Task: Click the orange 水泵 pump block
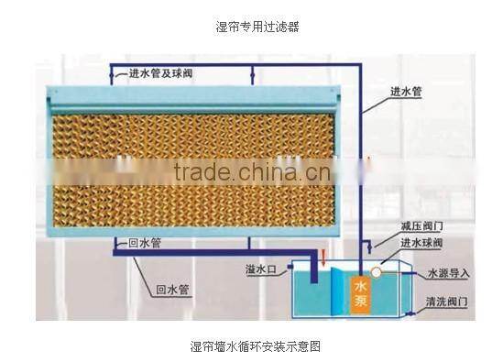point(359,293)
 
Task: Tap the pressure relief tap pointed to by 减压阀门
point(366,245)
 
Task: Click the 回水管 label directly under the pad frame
point(143,244)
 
